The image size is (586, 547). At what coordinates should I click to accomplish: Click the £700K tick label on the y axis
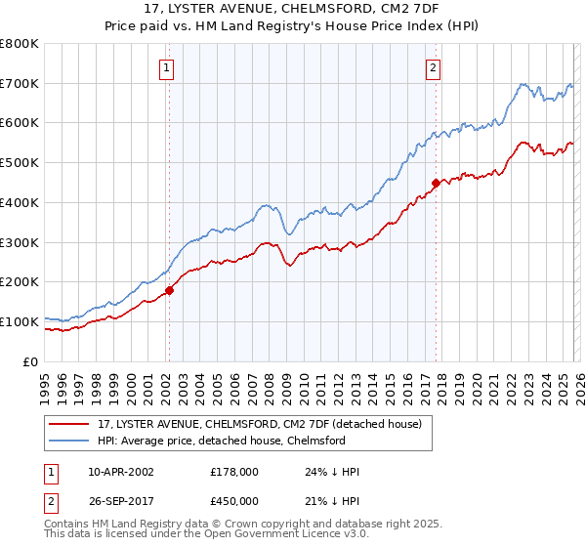click(20, 83)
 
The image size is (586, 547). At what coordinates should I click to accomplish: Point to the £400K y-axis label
click(20, 202)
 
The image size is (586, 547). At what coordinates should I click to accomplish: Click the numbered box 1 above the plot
click(168, 68)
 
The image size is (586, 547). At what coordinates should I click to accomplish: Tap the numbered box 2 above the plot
click(433, 68)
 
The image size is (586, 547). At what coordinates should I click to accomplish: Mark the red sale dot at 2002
click(169, 290)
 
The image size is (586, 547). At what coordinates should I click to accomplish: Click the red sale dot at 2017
click(436, 182)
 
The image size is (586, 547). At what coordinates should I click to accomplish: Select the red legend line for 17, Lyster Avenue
click(69, 425)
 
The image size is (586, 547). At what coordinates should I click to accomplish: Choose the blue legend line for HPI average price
click(69, 442)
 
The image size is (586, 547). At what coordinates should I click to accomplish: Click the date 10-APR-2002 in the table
click(120, 472)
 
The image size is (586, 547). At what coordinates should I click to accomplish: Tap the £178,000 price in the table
click(234, 472)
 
